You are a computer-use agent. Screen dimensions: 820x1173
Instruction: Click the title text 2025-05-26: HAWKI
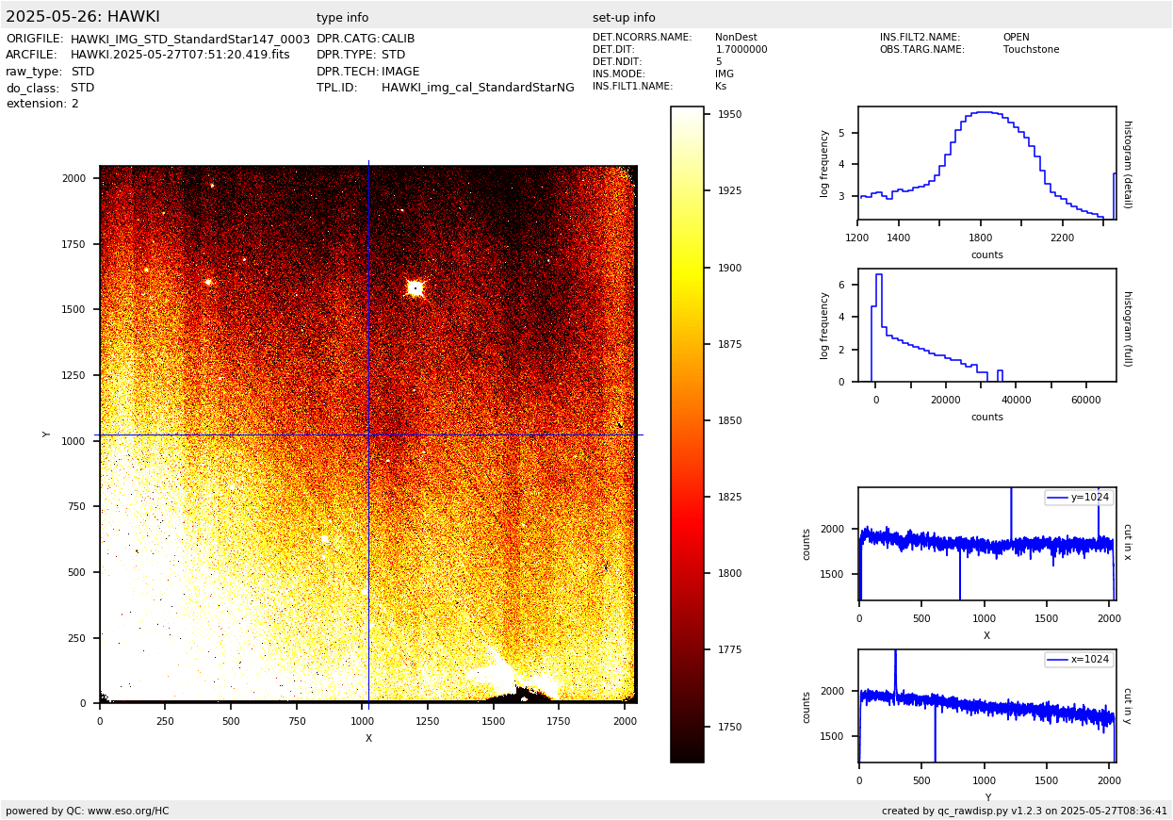[83, 17]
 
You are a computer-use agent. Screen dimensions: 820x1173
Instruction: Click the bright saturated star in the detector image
[415, 287]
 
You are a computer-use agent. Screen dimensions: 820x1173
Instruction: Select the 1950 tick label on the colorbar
[729, 114]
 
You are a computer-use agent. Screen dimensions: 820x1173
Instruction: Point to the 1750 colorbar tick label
[729, 727]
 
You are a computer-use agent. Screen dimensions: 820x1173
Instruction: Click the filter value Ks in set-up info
[721, 87]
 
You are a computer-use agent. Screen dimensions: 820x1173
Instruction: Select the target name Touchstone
[1031, 50]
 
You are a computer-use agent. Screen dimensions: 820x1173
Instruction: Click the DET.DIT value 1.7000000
[741, 50]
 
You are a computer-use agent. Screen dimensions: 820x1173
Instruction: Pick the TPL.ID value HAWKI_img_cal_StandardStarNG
[478, 88]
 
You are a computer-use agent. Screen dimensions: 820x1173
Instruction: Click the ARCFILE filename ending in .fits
[180, 55]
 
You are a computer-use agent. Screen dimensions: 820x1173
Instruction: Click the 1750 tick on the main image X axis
[558, 721]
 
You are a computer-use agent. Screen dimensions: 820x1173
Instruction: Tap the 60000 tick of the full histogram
[1086, 400]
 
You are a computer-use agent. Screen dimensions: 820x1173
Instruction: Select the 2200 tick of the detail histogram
[1062, 238]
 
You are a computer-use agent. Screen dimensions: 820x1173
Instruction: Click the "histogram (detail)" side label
[1127, 164]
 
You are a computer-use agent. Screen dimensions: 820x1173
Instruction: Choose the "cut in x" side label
[1127, 542]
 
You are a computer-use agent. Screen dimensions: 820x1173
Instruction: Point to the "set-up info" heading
[624, 18]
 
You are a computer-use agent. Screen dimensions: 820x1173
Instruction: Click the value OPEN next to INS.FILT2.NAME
[1016, 38]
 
